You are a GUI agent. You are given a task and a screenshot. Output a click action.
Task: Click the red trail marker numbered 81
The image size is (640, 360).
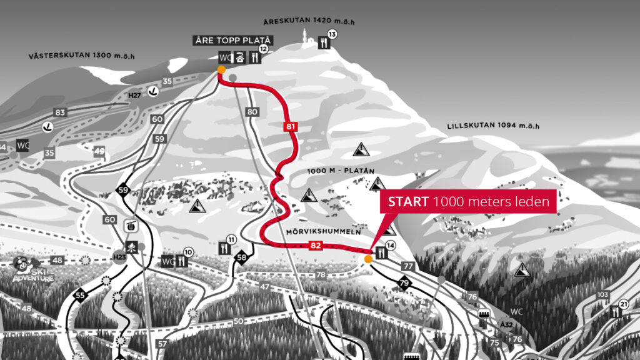(289, 127)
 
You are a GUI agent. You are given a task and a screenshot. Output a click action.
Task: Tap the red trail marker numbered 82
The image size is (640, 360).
(316, 246)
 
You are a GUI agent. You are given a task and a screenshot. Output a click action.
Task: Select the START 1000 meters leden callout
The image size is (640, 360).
(468, 202)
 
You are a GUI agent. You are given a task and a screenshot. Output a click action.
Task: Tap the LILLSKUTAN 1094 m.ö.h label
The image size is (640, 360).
(492, 126)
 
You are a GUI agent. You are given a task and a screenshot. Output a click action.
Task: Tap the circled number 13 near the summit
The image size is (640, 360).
(332, 34)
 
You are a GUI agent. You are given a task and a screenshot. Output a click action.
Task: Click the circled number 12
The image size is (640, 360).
(264, 49)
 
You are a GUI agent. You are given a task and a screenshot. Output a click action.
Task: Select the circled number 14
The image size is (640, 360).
(391, 245)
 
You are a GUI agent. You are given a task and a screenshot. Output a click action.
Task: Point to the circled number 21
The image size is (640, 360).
(623, 304)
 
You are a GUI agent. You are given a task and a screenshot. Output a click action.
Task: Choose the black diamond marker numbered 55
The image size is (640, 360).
(79, 295)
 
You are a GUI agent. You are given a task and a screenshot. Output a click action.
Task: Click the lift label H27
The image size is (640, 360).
(134, 95)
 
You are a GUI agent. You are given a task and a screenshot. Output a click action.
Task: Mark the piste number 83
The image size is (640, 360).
(60, 112)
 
